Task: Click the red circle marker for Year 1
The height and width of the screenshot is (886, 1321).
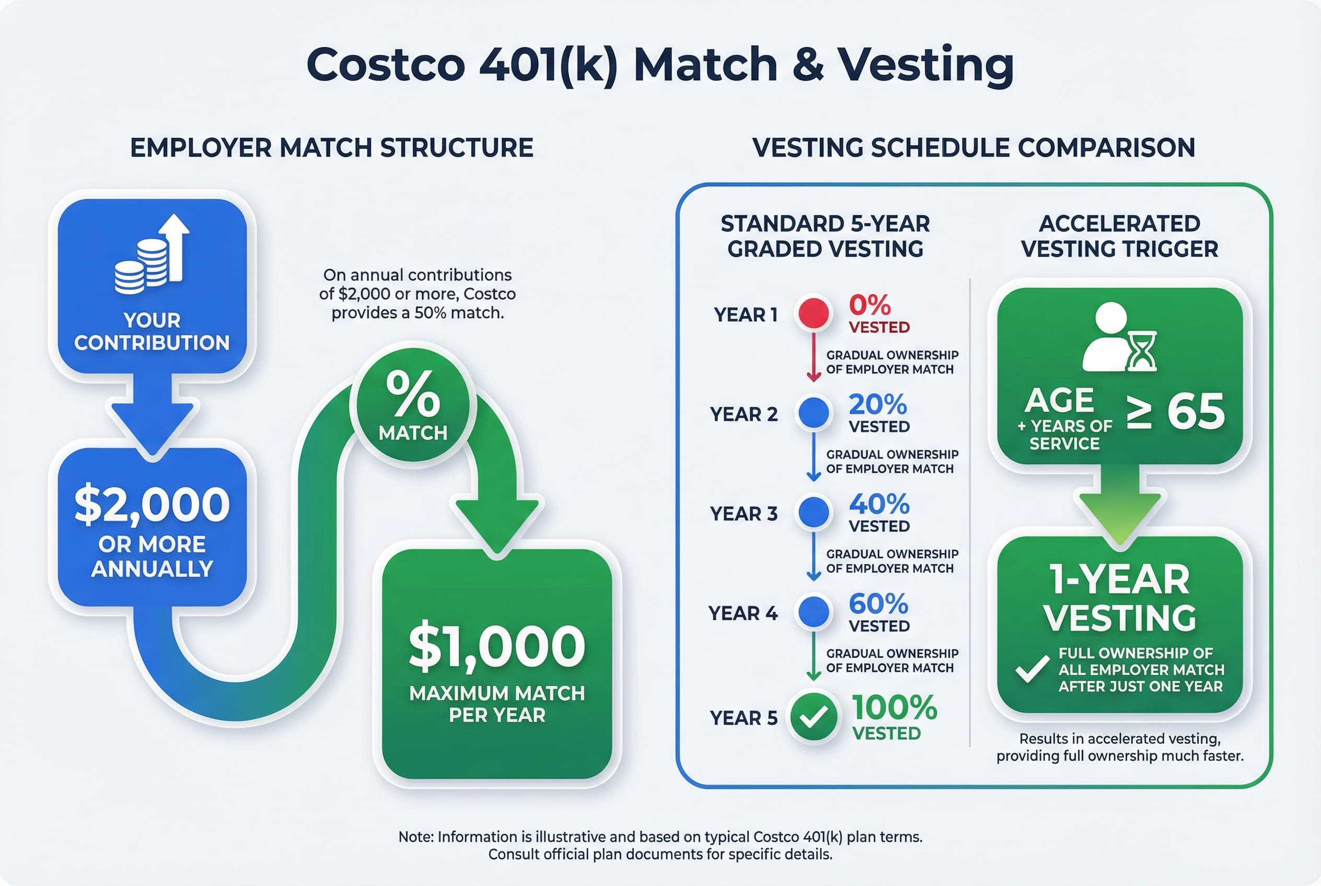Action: pos(814,312)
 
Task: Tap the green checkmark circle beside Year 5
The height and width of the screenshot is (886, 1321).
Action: pos(814,717)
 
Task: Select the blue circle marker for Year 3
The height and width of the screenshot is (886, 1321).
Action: pos(814,512)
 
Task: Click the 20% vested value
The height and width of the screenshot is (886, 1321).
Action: pos(877,404)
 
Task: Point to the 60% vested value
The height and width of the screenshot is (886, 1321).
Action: pos(878,604)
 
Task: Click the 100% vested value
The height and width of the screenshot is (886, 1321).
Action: pos(894,707)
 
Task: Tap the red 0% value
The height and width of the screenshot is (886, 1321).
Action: pos(870,306)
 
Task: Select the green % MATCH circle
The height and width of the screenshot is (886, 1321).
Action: pos(413,404)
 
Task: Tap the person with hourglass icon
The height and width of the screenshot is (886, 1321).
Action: pos(1119,337)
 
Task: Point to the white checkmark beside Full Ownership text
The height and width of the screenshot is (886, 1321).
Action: pos(1032,670)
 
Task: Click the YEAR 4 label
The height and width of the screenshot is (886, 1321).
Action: pos(743,613)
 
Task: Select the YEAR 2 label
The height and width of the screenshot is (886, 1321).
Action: pos(743,414)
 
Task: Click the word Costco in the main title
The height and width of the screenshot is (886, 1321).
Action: pos(386,64)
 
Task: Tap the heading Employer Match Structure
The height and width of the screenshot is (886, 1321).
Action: pos(332,148)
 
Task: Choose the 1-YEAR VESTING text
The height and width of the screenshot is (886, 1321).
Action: pos(1119,598)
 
